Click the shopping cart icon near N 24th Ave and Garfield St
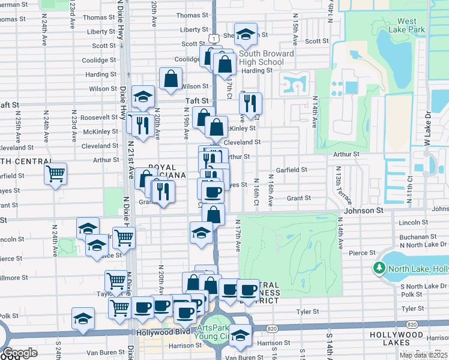[x=55, y=175]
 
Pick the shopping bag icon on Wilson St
[x=171, y=79]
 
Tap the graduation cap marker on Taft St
[x=143, y=97]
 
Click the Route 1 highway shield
[x=213, y=38]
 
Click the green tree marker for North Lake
[x=379, y=268]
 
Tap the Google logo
[x=20, y=353]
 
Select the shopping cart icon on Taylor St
[x=116, y=280]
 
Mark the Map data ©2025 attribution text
[x=424, y=355]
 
